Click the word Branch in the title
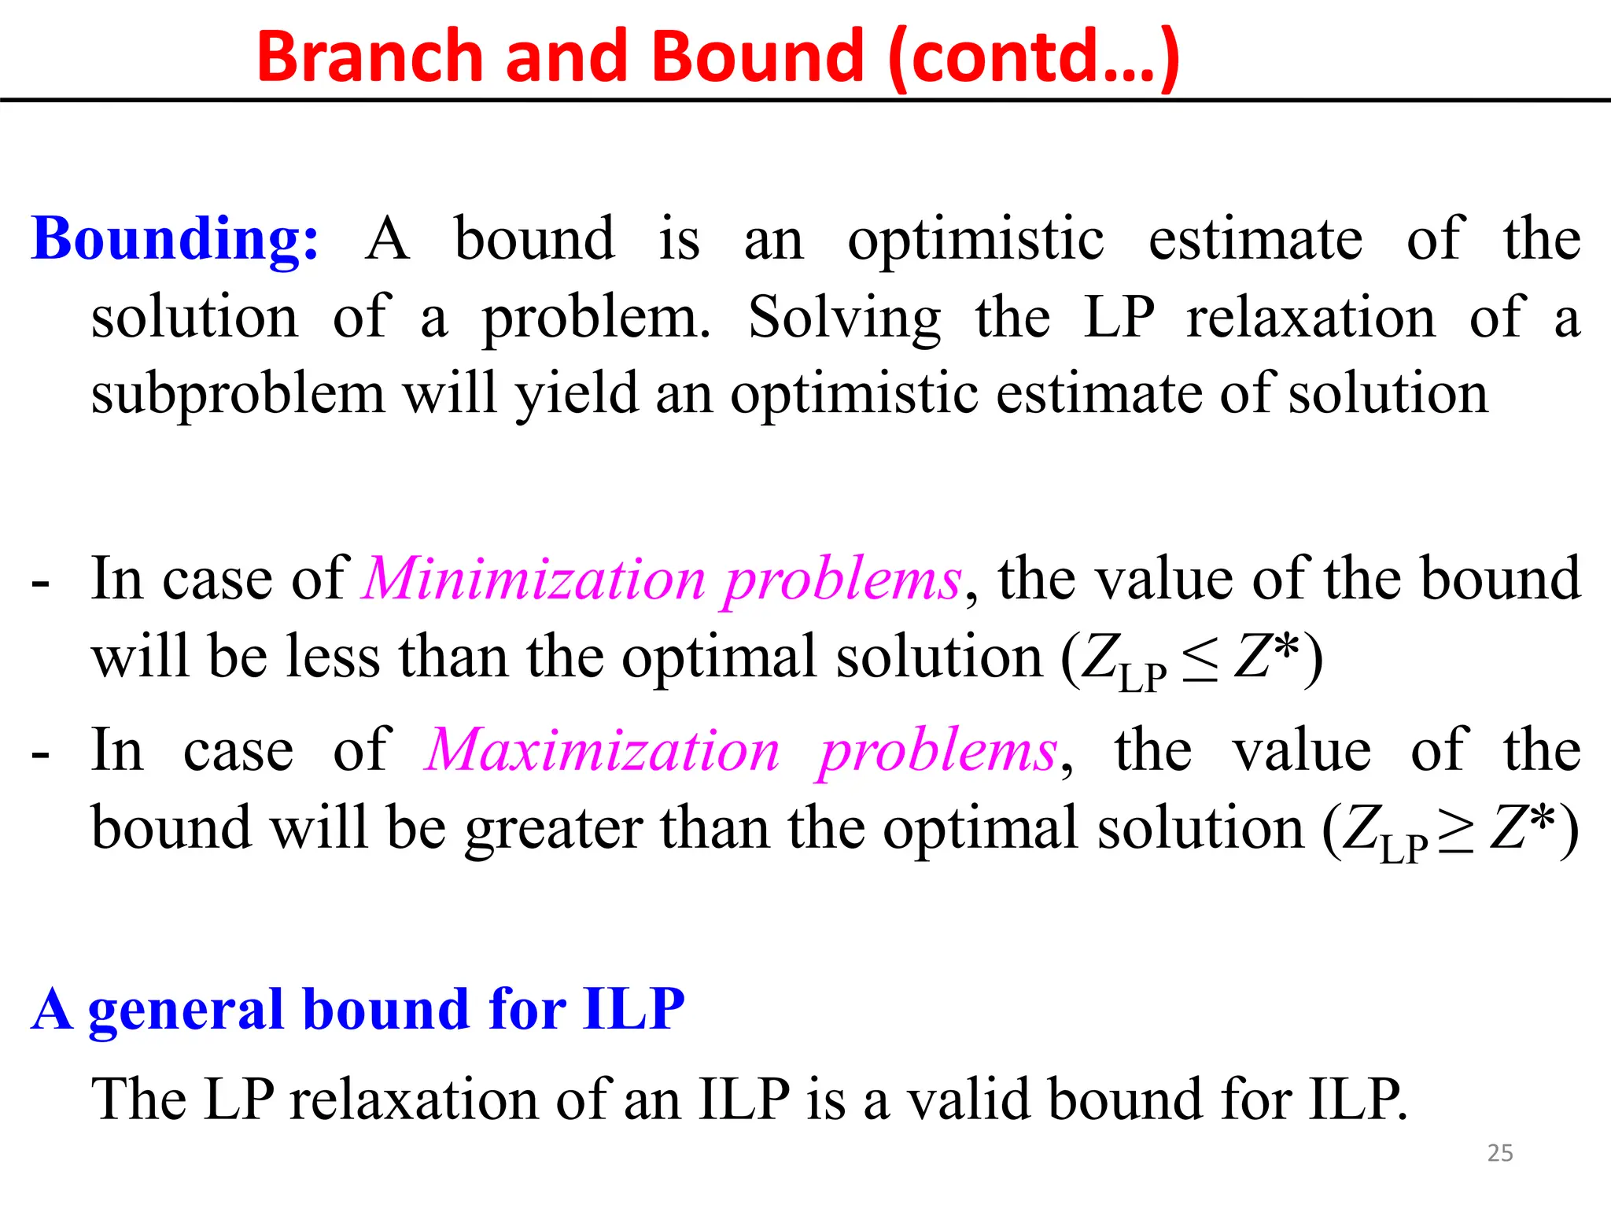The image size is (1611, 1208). [369, 57]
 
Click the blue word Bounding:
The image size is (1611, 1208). [175, 239]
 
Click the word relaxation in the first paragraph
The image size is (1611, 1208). [1311, 317]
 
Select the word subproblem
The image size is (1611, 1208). [238, 395]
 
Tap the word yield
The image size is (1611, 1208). [576, 395]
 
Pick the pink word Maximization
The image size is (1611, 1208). [602, 751]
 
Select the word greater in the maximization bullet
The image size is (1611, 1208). [554, 830]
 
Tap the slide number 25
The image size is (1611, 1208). [1500, 1153]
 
